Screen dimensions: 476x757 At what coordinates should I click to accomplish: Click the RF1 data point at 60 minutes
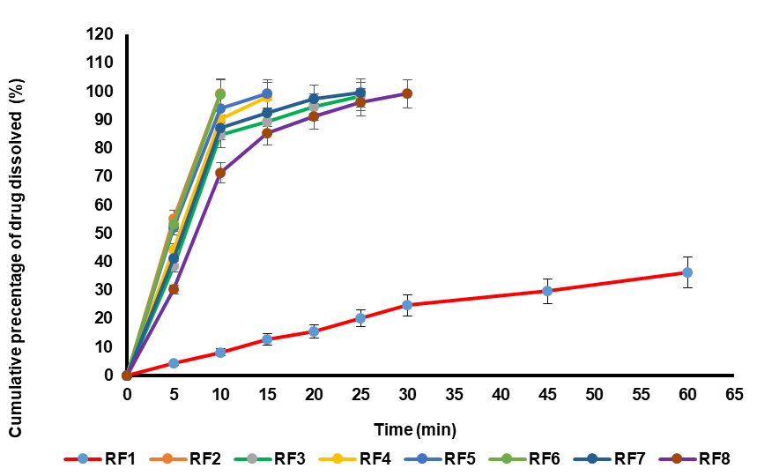coord(687,272)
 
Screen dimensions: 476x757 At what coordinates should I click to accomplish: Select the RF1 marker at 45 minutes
coord(547,291)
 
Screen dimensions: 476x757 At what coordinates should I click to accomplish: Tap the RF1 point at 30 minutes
coord(407,305)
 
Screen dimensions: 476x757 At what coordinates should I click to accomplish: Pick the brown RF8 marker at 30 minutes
coord(407,93)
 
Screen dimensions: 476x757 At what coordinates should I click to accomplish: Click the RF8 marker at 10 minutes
coord(220,173)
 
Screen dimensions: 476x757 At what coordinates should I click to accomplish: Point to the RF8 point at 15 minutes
coord(267,134)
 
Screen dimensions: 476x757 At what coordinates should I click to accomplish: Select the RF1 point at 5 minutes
coord(174,363)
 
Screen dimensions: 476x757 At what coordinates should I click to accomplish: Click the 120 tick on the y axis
coord(101,34)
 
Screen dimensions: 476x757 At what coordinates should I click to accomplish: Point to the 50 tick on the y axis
coord(106,233)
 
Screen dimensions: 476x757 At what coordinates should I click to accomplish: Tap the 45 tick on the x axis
coord(547,394)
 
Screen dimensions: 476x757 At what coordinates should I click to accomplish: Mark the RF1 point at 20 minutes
coord(314,331)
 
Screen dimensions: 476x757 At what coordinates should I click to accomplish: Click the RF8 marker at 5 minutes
coord(174,289)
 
